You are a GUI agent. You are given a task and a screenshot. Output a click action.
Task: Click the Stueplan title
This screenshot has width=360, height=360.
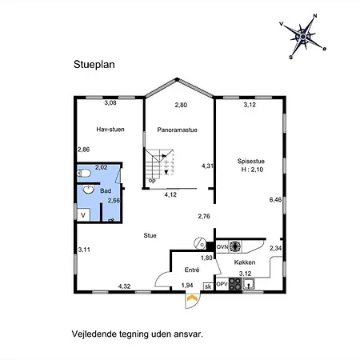[94, 65]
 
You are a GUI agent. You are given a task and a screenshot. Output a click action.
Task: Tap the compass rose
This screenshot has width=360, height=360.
[303, 37]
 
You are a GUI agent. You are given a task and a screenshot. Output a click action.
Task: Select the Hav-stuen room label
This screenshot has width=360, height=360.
[110, 130]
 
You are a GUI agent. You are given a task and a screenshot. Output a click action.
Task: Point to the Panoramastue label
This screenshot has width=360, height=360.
[177, 130]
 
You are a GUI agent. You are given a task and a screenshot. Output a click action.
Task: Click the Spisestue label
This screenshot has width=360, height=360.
[251, 161]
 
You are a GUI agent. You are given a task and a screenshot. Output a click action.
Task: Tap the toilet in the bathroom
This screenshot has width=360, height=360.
[84, 174]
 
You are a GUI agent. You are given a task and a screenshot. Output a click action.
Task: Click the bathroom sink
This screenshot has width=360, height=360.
[88, 190]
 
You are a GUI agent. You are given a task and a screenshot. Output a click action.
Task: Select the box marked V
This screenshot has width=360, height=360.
[83, 214]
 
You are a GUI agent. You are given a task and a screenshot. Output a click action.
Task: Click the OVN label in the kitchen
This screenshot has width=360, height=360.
[222, 247]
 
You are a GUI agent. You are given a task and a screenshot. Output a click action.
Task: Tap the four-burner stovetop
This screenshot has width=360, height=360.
[235, 284]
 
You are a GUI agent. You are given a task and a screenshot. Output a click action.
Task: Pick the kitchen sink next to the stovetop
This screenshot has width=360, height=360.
[249, 284]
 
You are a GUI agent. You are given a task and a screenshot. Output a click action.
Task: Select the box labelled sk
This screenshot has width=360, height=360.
[208, 286]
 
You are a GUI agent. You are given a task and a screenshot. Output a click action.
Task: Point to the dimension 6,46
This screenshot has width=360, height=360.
[275, 199]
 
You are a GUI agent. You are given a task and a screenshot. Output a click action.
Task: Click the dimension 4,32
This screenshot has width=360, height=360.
[124, 286]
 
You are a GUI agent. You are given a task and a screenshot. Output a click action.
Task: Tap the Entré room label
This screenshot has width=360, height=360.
[192, 270]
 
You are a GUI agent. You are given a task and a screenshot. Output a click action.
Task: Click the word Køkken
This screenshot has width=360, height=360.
[245, 262]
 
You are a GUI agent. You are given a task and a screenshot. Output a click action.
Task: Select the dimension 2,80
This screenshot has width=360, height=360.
[181, 105]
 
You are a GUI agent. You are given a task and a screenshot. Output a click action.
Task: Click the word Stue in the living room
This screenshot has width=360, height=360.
[150, 235]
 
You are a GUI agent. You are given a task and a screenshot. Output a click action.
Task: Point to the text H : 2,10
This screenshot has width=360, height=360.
[252, 170]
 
